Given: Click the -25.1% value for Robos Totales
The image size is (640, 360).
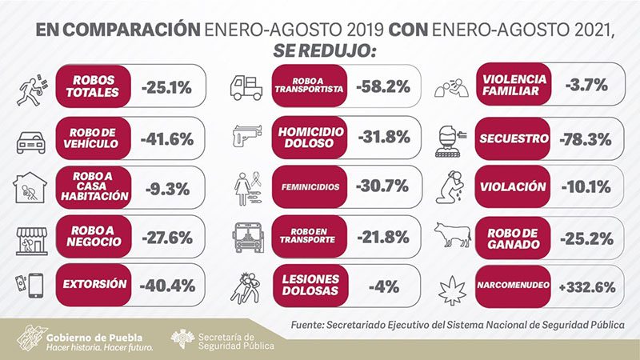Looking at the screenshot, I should click(x=166, y=86).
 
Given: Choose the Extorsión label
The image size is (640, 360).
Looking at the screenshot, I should click(x=94, y=284).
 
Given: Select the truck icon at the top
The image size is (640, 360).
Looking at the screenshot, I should click(x=246, y=86).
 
